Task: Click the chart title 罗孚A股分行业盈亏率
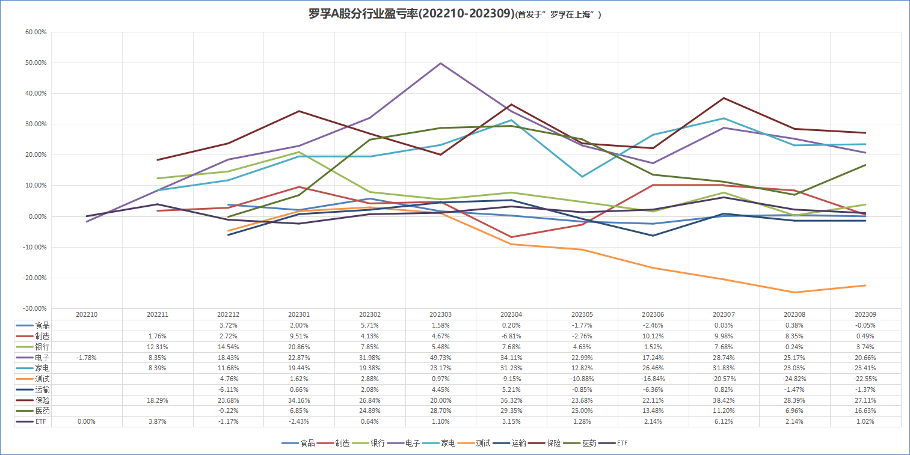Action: click(x=409, y=14)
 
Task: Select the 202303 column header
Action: click(x=441, y=314)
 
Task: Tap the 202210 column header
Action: click(x=87, y=314)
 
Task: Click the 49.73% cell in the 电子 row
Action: click(x=441, y=357)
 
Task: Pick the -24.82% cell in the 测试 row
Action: click(x=795, y=379)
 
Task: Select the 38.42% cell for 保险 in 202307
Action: click(x=724, y=400)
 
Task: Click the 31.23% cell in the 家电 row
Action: click(x=512, y=368)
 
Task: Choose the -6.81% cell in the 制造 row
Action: click(x=512, y=335)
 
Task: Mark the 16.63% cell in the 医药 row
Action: click(x=865, y=411)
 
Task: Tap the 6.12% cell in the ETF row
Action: click(x=724, y=421)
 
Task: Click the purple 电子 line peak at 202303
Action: click(x=441, y=63)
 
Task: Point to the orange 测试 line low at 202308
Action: click(x=795, y=292)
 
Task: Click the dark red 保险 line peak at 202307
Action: click(x=724, y=98)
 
